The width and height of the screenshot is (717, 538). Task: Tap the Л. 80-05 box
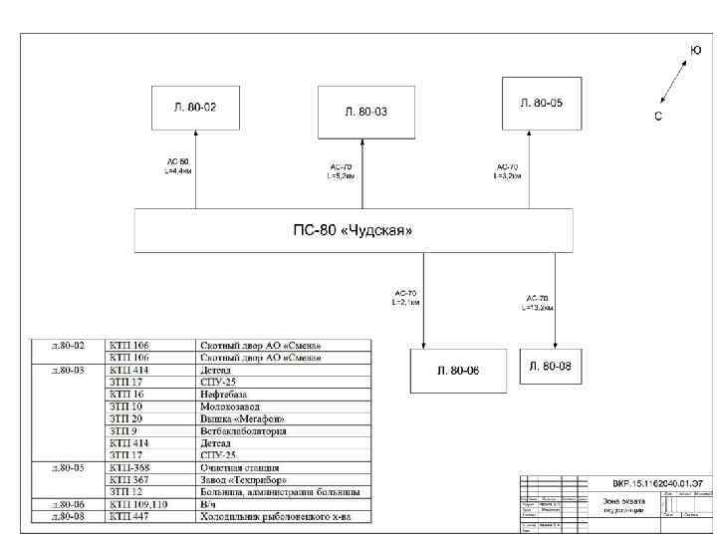(x=541, y=103)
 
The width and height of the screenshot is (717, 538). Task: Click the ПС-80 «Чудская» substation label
(x=354, y=230)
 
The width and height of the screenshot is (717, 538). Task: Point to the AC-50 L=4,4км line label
(x=177, y=165)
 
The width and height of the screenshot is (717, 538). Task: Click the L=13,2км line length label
(x=538, y=308)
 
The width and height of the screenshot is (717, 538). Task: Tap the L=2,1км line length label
(x=406, y=301)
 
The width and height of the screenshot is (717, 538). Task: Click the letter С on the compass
(x=658, y=116)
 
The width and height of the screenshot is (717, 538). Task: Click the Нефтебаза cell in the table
(x=224, y=395)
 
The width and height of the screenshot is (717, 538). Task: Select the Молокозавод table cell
(x=230, y=406)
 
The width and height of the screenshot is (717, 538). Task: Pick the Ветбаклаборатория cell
(x=244, y=431)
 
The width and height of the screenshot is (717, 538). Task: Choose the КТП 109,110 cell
(x=138, y=505)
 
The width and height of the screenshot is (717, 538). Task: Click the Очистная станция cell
(x=240, y=467)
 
